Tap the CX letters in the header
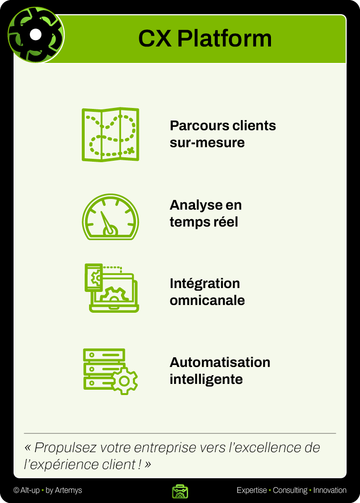[155, 39]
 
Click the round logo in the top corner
[36, 35]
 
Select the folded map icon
[110, 135]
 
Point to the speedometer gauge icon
[110, 217]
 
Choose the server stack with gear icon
[111, 371]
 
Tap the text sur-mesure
[207, 143]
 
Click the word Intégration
[205, 283]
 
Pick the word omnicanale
[207, 300]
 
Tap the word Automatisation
[220, 362]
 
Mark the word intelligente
[206, 379]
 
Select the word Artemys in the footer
[69, 490]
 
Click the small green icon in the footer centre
[180, 491]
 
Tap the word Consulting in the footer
[290, 490]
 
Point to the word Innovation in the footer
[330, 490]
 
